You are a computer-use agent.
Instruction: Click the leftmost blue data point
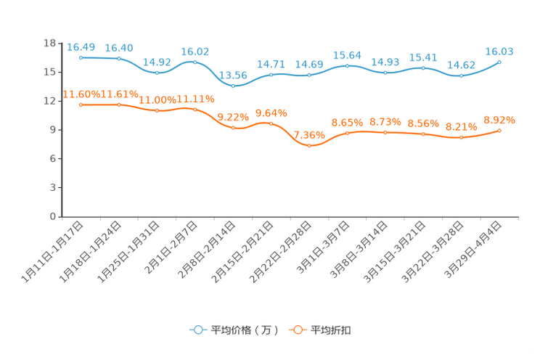81,57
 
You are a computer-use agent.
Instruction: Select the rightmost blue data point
499,62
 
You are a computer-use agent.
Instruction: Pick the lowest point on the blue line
233,85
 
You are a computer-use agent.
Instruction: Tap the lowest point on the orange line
309,146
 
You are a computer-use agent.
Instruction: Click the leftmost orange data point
81,105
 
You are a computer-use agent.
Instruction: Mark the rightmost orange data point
499,131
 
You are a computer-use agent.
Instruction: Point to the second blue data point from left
119,58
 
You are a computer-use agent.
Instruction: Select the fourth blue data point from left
195,62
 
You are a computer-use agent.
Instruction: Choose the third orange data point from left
157,110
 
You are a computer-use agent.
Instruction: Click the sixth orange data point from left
271,123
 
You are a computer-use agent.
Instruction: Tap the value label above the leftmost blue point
81,47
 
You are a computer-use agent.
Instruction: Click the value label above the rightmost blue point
499,52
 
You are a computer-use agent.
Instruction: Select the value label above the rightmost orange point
499,119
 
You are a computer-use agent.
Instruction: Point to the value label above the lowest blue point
233,74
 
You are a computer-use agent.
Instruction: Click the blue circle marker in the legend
198,330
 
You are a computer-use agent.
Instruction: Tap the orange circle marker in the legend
298,330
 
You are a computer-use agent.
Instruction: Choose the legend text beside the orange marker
332,330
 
